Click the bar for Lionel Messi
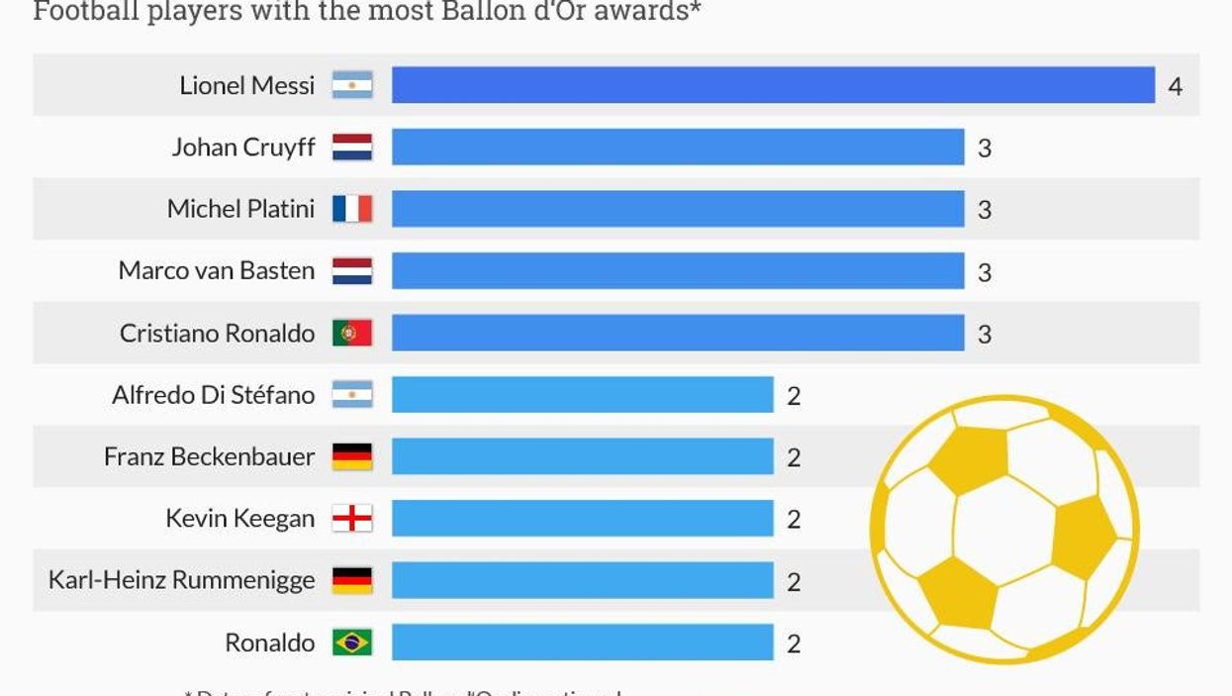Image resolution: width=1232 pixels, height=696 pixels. point(773,85)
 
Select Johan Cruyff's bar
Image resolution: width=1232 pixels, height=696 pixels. point(678,148)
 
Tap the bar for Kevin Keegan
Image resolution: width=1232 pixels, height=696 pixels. point(582,518)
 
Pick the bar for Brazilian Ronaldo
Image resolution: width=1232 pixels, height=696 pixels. point(582,643)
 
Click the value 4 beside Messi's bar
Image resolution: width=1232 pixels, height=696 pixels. point(1175,86)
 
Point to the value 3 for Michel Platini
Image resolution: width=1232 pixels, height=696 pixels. point(984,210)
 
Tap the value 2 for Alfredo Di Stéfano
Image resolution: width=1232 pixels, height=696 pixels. point(793,396)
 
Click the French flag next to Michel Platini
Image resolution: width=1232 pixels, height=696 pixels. point(352,209)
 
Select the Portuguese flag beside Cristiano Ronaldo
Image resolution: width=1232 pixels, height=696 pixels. point(352,333)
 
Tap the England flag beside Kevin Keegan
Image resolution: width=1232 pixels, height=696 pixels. point(352,518)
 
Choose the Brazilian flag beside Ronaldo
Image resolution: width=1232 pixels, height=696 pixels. point(352,643)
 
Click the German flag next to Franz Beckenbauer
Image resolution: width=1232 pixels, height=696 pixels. point(352,456)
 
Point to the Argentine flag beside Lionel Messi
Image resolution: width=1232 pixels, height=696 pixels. point(352,85)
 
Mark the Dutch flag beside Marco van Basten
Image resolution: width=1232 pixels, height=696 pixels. point(352,271)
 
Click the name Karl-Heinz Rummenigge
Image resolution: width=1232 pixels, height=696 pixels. point(181,580)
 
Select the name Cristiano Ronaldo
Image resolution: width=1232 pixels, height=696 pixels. point(217,333)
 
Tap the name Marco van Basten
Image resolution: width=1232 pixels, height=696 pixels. point(216,270)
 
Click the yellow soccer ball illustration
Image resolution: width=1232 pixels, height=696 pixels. point(1003,530)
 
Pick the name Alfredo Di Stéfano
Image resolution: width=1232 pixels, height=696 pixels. point(213,395)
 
